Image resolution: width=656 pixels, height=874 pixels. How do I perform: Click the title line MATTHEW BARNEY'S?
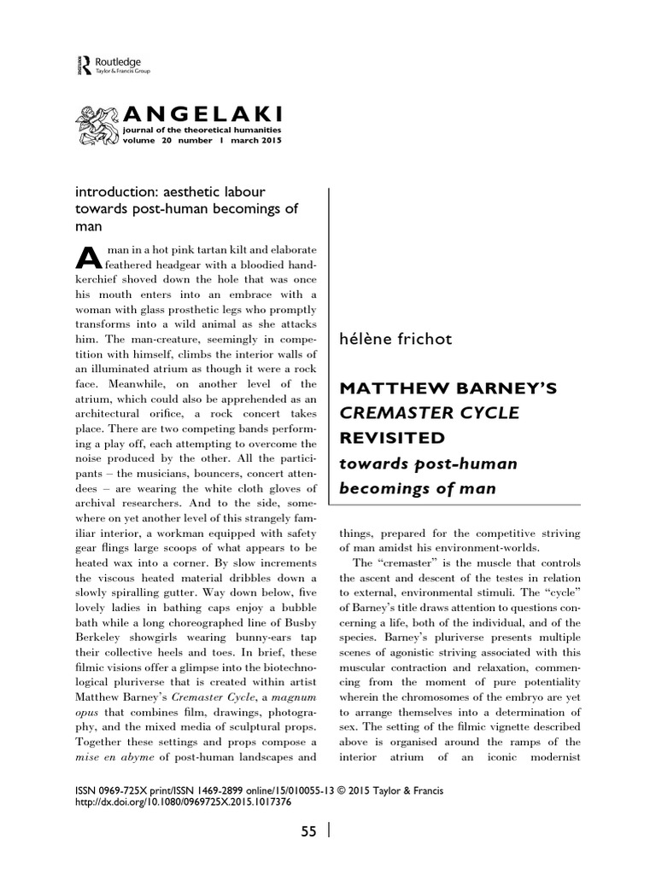point(448,389)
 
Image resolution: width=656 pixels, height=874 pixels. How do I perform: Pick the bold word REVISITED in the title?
point(392,438)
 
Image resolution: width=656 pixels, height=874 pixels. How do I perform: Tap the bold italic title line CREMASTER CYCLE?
point(418,414)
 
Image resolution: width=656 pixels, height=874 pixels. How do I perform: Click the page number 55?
point(308,832)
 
